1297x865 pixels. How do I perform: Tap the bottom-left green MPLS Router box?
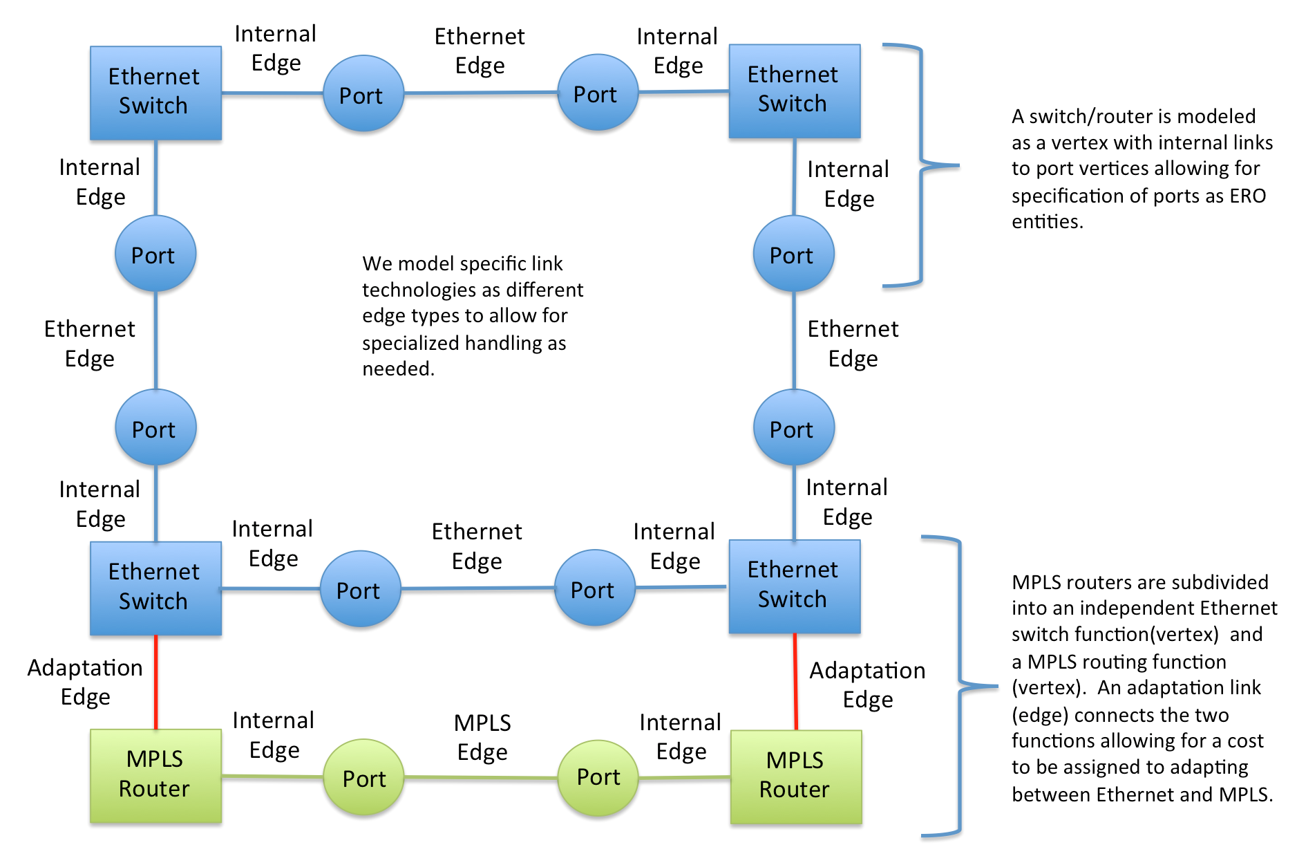(155, 775)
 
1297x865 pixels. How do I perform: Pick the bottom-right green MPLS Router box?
(795, 776)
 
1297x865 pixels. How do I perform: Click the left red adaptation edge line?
(156, 682)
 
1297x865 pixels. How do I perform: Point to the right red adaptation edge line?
(795, 682)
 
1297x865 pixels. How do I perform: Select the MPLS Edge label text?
(482, 737)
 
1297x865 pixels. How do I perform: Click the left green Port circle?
(363, 778)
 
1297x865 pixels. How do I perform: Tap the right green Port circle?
(598, 777)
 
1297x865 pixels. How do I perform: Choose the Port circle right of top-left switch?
(363, 94)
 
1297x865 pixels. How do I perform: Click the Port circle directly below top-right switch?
(793, 254)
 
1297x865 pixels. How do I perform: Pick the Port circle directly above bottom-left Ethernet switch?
(155, 428)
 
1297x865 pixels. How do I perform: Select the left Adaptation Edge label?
(85, 682)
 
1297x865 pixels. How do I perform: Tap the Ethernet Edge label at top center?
(480, 50)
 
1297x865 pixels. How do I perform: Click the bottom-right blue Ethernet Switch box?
(794, 586)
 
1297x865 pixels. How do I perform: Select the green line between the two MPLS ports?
(480, 778)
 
